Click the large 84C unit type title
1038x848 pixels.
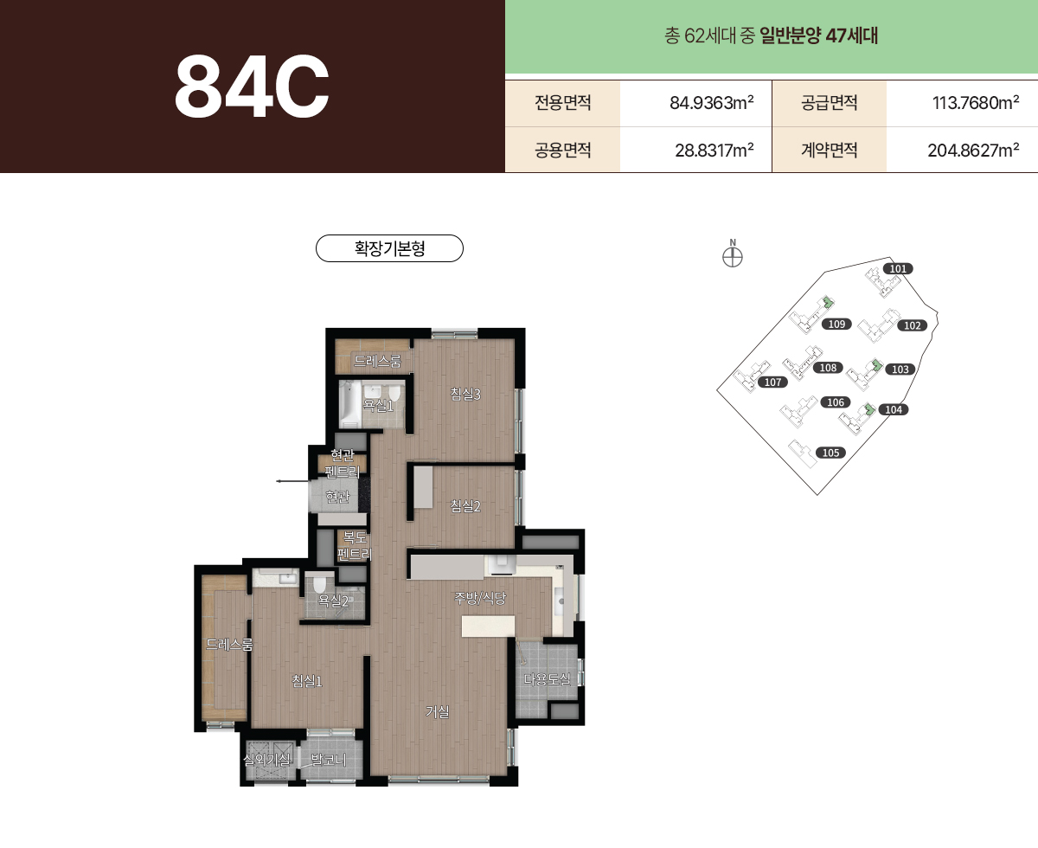tap(252, 87)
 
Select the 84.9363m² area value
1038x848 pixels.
tap(711, 103)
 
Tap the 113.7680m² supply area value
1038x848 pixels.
tap(976, 103)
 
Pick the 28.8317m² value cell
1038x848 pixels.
tap(714, 151)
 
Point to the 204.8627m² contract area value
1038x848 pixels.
tap(973, 151)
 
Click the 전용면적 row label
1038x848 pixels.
tap(562, 102)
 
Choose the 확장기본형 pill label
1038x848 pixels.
tap(389, 248)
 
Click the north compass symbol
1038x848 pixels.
tap(733, 254)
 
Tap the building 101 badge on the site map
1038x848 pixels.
tap(898, 268)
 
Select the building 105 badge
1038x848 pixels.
tap(830, 453)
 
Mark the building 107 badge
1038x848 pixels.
tap(772, 382)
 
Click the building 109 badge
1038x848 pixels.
tap(836, 324)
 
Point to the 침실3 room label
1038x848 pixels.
tap(465, 394)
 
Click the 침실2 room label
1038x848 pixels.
tap(465, 505)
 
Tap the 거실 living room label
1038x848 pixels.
tap(438, 711)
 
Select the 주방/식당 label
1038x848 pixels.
tap(480, 598)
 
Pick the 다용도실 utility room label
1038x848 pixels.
tap(547, 679)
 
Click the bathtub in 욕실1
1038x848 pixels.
tap(350, 404)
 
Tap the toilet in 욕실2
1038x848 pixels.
tap(319, 584)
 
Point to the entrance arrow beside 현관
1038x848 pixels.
tap(293, 481)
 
